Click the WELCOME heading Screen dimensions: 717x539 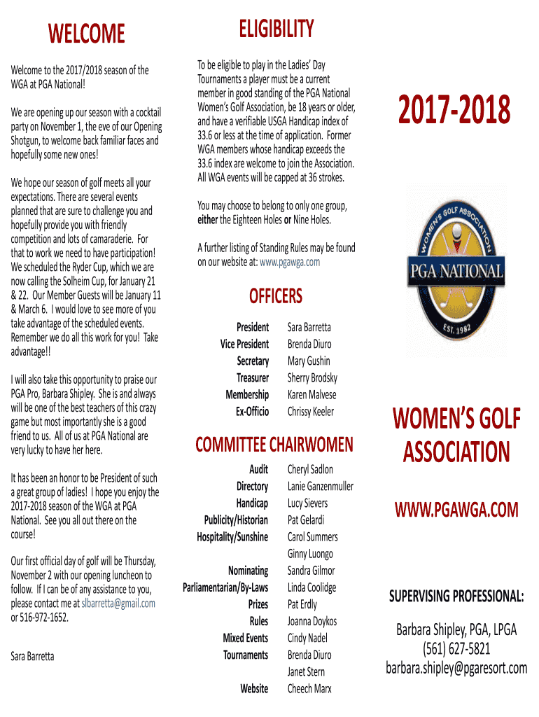pyautogui.click(x=86, y=33)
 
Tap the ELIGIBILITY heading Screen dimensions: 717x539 pyautogui.click(x=276, y=29)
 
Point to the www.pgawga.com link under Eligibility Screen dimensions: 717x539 pyautogui.click(x=290, y=262)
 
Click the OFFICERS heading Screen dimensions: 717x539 pyautogui.click(x=276, y=296)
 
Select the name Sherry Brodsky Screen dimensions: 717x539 pyautogui.click(x=312, y=378)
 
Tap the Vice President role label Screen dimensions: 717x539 pyautogui.click(x=244, y=344)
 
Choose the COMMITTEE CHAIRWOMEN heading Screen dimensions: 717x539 pyautogui.click(x=274, y=444)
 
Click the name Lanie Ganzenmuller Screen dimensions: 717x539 pyautogui.click(x=321, y=487)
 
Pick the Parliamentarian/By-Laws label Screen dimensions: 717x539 pyautogui.click(x=225, y=587)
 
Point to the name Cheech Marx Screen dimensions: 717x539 pyautogui.click(x=310, y=689)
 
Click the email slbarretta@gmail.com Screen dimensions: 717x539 pyautogui.click(x=118, y=604)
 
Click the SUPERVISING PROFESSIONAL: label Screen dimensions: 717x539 pyautogui.click(x=456, y=597)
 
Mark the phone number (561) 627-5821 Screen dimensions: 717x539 pyautogui.click(x=456, y=649)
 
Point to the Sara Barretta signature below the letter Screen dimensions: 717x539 pyautogui.click(x=32, y=656)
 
